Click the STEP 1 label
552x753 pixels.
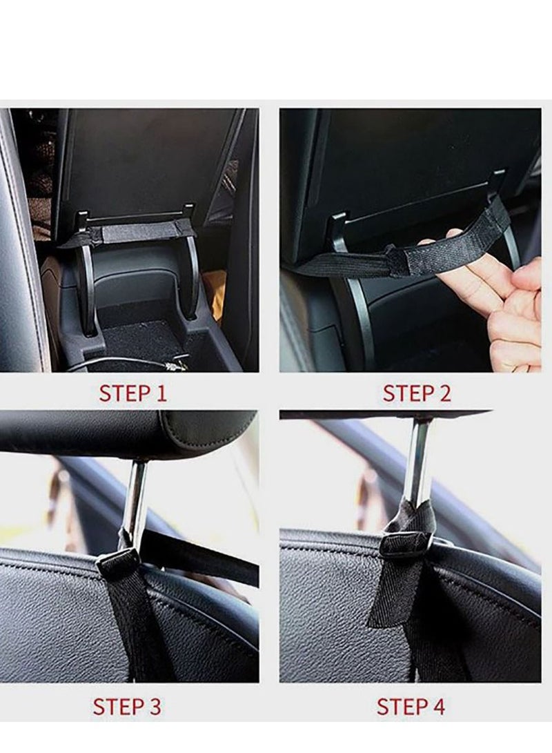pos(132,393)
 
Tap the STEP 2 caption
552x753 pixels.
pos(417,393)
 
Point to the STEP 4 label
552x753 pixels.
pos(411,707)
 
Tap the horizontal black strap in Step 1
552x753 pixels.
pos(131,232)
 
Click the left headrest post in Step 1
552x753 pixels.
pos(86,283)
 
